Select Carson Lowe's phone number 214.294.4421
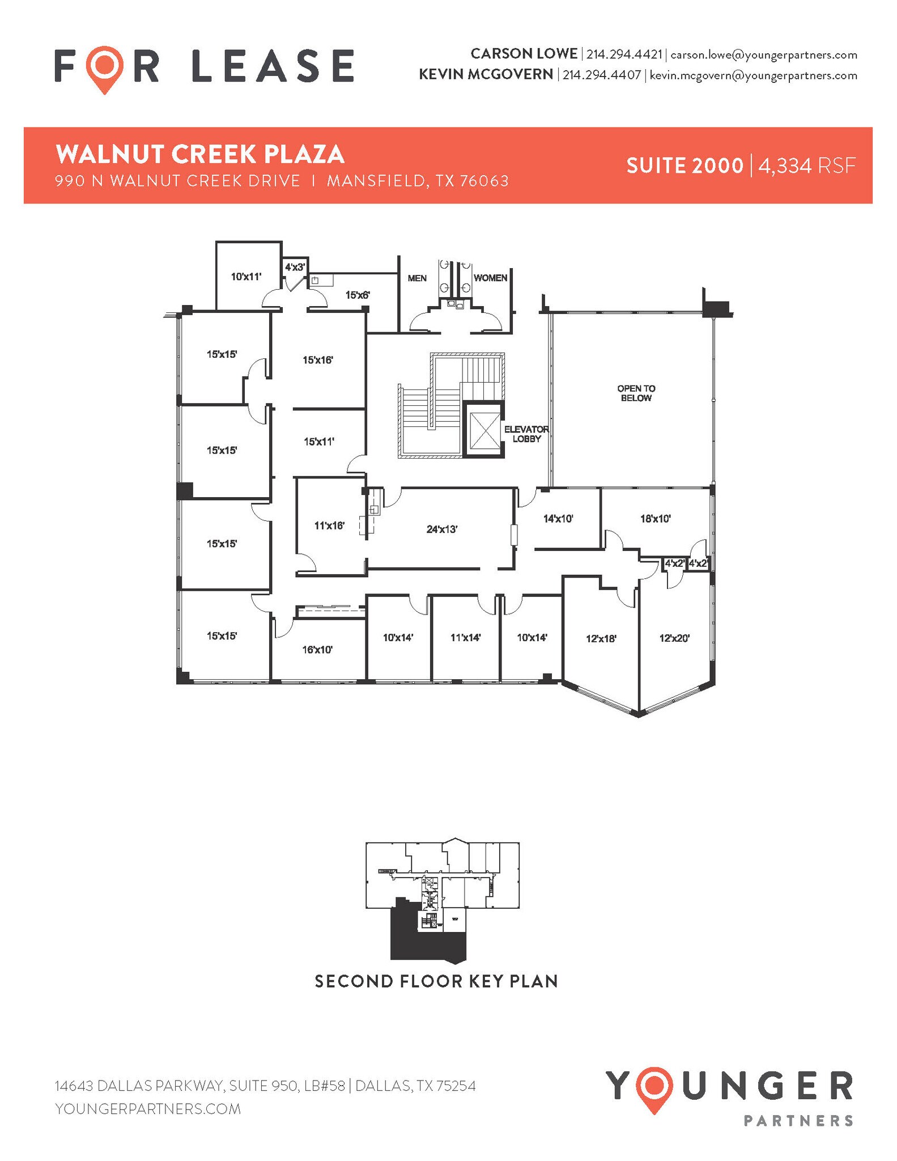(624, 54)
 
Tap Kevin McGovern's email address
(753, 75)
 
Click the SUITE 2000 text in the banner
(684, 166)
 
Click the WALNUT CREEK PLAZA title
(200, 154)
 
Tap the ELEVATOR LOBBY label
(526, 434)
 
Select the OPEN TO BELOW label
(636, 393)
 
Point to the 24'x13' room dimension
(441, 529)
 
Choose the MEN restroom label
(417, 278)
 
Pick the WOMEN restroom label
(490, 278)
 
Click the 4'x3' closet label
(295, 266)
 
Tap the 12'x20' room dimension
(674, 638)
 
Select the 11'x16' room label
(329, 526)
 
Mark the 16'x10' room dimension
(317, 650)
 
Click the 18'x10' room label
(655, 518)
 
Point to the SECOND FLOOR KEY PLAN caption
(436, 981)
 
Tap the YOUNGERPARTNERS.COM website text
(148, 1109)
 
